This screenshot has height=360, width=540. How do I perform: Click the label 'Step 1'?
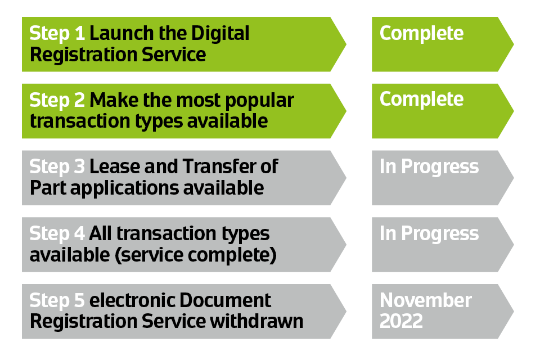(x=57, y=34)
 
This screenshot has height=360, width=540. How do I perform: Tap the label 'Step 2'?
(x=57, y=101)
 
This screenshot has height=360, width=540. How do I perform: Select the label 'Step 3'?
(x=57, y=167)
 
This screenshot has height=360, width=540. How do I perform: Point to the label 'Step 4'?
(x=57, y=234)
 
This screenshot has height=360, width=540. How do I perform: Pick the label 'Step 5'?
(x=57, y=301)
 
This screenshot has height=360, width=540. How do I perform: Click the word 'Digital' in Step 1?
(x=220, y=34)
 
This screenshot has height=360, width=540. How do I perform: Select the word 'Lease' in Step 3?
(x=115, y=166)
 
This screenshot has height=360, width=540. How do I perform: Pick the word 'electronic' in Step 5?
(x=133, y=300)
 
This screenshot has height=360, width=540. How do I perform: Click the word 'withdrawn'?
(x=257, y=321)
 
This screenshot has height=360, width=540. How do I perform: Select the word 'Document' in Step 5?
(x=225, y=300)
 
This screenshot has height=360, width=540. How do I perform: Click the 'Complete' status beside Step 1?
(x=421, y=34)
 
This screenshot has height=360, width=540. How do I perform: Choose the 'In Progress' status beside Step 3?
(x=429, y=168)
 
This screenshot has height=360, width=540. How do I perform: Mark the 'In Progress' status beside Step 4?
(x=429, y=234)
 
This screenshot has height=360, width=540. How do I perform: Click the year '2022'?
(x=401, y=321)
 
